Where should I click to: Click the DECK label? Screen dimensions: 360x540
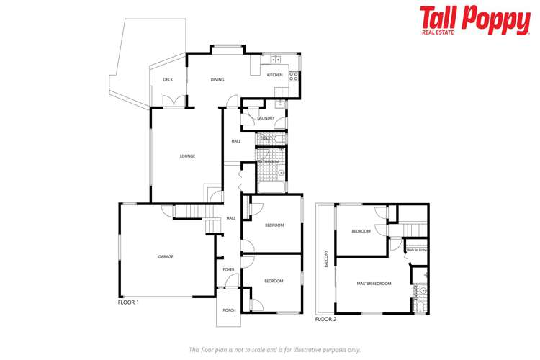click(168, 80)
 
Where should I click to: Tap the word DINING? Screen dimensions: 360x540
click(217, 80)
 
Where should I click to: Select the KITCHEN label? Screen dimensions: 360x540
click(274, 76)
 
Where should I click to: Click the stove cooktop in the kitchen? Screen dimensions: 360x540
click(293, 73)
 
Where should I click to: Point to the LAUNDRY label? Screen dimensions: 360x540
click(266, 118)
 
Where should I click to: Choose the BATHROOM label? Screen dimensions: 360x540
click(269, 162)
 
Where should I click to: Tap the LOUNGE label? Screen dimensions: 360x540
click(187, 156)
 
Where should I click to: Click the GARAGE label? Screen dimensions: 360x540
click(166, 256)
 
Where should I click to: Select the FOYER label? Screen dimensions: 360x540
click(228, 269)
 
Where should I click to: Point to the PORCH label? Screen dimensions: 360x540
click(229, 310)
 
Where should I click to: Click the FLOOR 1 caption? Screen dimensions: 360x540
click(128, 302)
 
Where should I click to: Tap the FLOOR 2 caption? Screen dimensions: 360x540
click(325, 318)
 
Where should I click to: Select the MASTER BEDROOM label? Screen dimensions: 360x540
click(374, 284)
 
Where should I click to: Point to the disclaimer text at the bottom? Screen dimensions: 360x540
click(274, 349)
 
